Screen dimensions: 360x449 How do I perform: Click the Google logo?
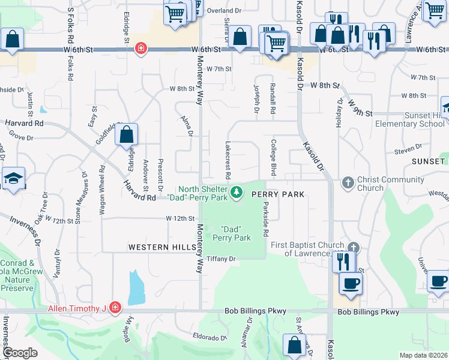19,353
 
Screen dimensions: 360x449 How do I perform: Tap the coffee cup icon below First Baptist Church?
350,283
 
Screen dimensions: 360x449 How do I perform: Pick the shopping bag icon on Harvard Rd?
126,136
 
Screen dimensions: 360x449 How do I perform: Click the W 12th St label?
181,219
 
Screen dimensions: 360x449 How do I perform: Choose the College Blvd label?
273,157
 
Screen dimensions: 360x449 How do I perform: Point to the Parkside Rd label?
265,218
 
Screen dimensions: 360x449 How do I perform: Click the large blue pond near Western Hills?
136,287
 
